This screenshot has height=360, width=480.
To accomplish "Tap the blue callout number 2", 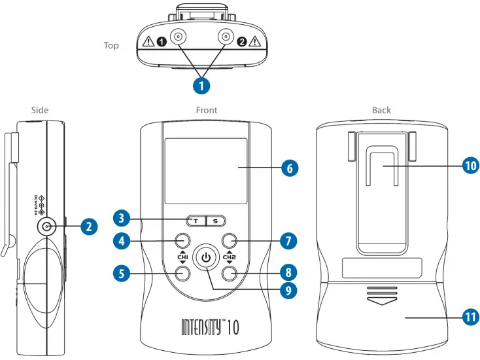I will tap(90, 227).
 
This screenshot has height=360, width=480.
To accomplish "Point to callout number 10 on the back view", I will tap(470, 166).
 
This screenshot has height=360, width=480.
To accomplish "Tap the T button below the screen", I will tap(195, 221).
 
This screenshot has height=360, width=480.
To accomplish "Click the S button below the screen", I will tap(216, 221).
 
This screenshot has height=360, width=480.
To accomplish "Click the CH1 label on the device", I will tap(182, 257).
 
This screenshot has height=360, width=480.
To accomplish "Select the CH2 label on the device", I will tap(229, 257).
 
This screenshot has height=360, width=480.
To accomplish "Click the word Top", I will tap(111, 46).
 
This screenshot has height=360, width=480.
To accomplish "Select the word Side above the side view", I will tap(40, 110).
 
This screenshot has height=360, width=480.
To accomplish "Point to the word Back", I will tap(381, 110).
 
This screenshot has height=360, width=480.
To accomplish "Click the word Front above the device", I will tap(207, 110).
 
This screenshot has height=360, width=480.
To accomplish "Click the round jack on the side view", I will tap(46, 227).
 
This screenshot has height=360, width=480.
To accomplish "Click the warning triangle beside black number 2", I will tap(254, 43).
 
